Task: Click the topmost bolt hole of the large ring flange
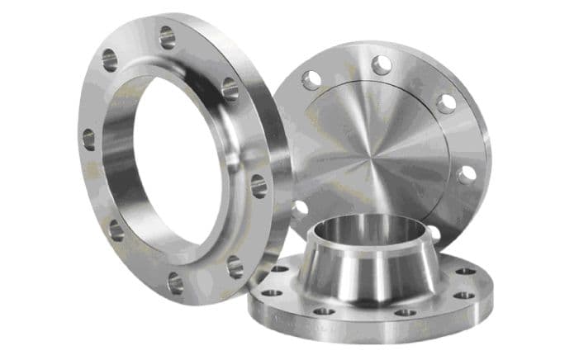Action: tap(168, 36)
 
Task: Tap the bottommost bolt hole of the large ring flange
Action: tap(176, 283)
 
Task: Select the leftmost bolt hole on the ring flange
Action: tap(88, 139)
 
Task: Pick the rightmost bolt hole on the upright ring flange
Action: tap(259, 185)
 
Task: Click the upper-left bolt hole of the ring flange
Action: tap(109, 59)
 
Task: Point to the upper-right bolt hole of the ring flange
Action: tap(230, 89)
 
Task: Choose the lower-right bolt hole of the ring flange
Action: tap(235, 266)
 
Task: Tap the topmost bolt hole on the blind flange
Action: tap(381, 64)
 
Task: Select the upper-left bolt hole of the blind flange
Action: tap(312, 80)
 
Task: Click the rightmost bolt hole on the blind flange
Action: tap(467, 174)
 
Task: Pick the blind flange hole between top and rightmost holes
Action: tap(447, 103)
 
